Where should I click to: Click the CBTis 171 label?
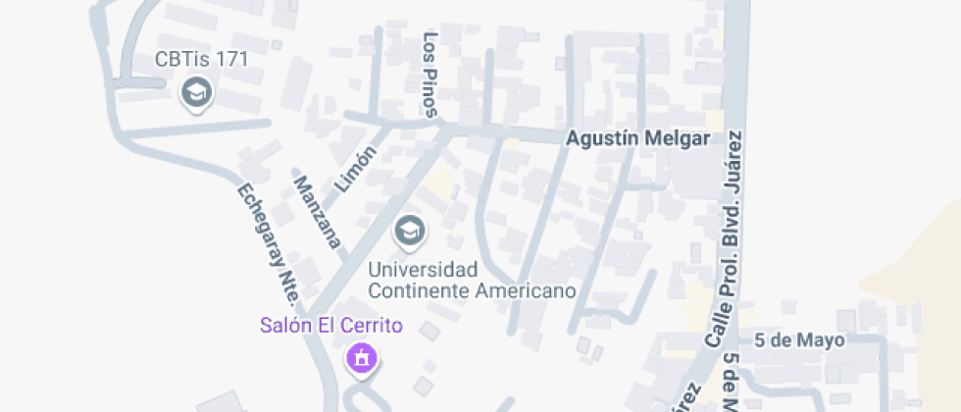[x=202, y=59]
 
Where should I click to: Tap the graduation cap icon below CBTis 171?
[x=198, y=93]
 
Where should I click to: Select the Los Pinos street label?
[x=430, y=75]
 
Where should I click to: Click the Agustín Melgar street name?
[x=637, y=138]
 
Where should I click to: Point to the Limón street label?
[x=356, y=169]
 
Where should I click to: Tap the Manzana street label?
[x=317, y=211]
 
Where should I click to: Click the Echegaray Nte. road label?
[x=267, y=240]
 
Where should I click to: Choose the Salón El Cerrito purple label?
[x=331, y=325]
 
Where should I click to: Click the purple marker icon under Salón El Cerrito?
[x=362, y=357]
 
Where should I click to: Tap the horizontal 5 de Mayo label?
[x=799, y=340]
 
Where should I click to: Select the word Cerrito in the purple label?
[x=372, y=325]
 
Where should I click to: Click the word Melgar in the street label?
[x=680, y=138]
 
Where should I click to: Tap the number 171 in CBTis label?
[x=232, y=59]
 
